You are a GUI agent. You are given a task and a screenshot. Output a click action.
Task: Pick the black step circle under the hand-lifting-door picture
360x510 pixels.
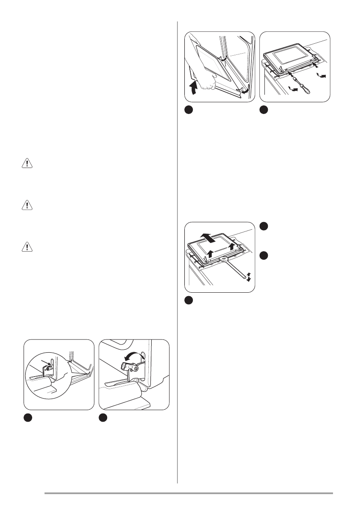[x=189, y=110]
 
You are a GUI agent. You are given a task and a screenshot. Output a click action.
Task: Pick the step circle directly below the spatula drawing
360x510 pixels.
[x=189, y=301]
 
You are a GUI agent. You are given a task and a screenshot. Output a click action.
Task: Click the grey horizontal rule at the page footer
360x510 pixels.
[x=189, y=493]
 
